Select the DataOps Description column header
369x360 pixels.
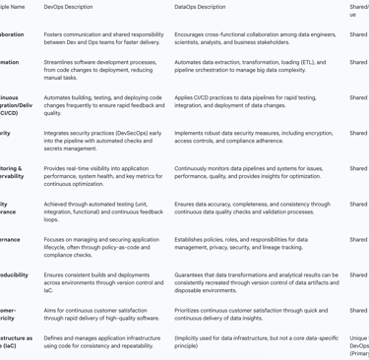(200, 7)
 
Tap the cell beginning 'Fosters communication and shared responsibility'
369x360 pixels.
(103, 38)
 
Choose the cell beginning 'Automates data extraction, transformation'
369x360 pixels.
(250, 66)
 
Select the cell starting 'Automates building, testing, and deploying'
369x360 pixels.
(103, 105)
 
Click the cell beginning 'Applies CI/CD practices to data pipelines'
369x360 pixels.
(252, 101)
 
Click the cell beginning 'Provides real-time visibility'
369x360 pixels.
(103, 176)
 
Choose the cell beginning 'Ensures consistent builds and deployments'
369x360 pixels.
(103, 282)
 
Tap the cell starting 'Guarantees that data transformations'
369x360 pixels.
(256, 282)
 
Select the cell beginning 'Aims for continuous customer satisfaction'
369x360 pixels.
(101, 314)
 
